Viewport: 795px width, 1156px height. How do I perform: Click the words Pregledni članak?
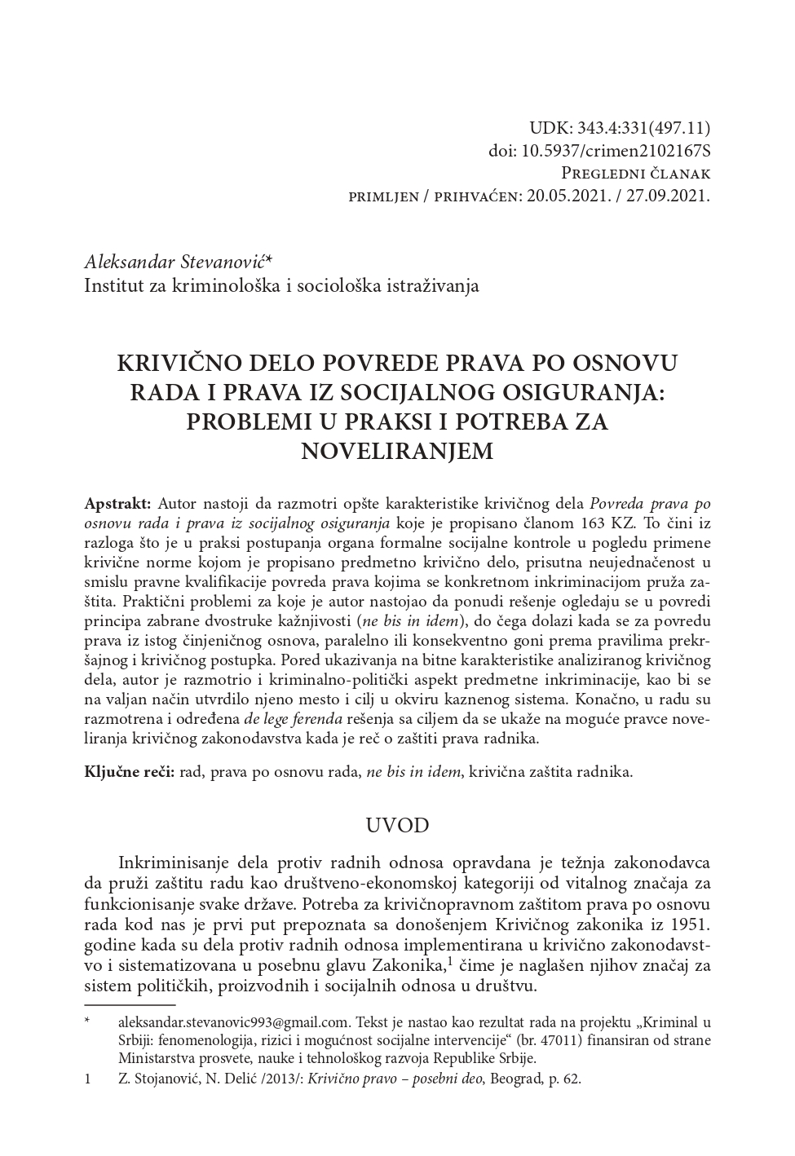click(636, 174)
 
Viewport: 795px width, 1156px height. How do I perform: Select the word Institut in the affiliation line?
click(112, 285)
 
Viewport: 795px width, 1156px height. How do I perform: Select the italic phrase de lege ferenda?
click(294, 719)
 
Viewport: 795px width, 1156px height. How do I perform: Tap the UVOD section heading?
click(397, 825)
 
